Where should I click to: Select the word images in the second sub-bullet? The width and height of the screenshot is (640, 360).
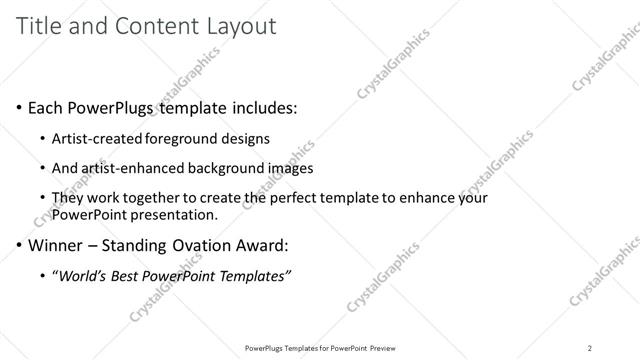coord(289,167)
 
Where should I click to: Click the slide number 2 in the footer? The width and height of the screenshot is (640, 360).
coord(590,347)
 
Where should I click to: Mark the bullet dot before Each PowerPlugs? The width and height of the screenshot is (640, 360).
coord(19,106)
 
